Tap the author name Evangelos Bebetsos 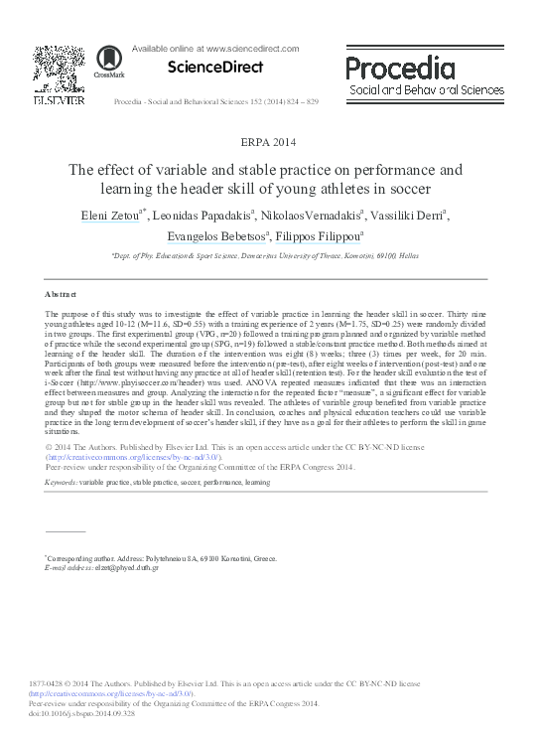(198, 236)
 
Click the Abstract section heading (62, 295)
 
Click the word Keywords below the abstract (62, 482)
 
